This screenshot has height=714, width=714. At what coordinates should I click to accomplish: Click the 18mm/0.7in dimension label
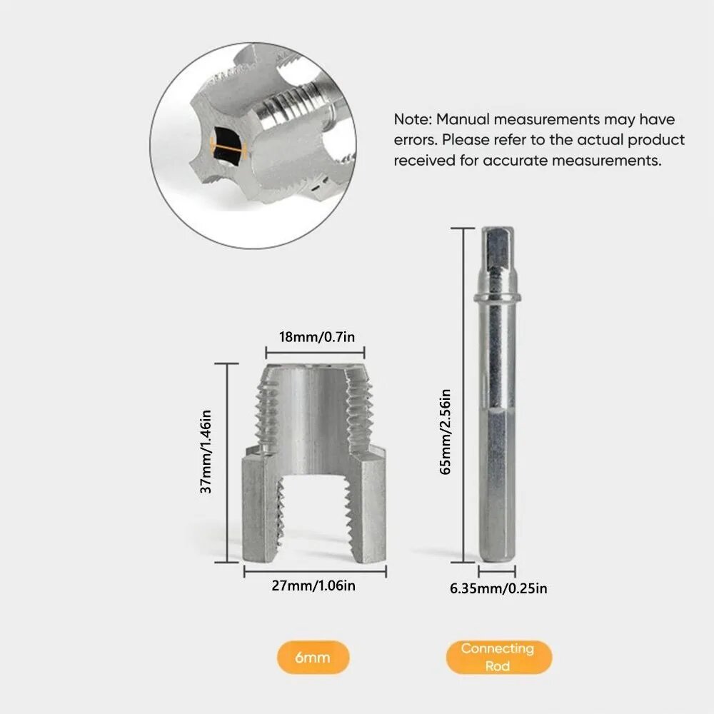317,337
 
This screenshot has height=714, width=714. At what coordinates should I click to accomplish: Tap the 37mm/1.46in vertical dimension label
206,451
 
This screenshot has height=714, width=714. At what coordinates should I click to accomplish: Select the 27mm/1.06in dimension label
313,585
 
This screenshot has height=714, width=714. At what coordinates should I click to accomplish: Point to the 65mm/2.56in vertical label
446,432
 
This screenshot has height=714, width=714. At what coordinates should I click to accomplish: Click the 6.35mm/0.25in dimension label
498,588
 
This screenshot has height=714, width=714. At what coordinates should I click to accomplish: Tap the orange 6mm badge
313,657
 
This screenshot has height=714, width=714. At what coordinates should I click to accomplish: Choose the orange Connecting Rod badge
498,657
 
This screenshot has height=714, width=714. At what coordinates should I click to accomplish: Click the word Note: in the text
413,119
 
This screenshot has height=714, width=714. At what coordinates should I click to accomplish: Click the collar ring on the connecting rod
497,298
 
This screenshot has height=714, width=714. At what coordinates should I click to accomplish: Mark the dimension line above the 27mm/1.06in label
315,571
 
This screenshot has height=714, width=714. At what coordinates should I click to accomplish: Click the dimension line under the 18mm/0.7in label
315,353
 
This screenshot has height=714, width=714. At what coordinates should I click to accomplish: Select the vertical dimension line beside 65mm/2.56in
463,395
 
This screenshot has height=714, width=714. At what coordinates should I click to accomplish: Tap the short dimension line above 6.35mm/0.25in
497,570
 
